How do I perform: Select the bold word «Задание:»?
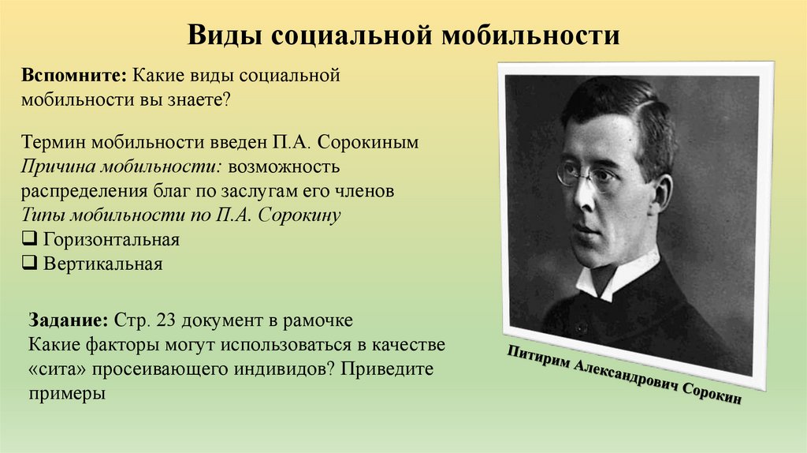[x=69, y=323]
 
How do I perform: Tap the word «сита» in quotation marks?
[x=61, y=369]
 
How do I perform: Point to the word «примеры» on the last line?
[x=67, y=393]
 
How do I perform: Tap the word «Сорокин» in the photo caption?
[x=709, y=395]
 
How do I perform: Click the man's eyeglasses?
[x=587, y=174]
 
